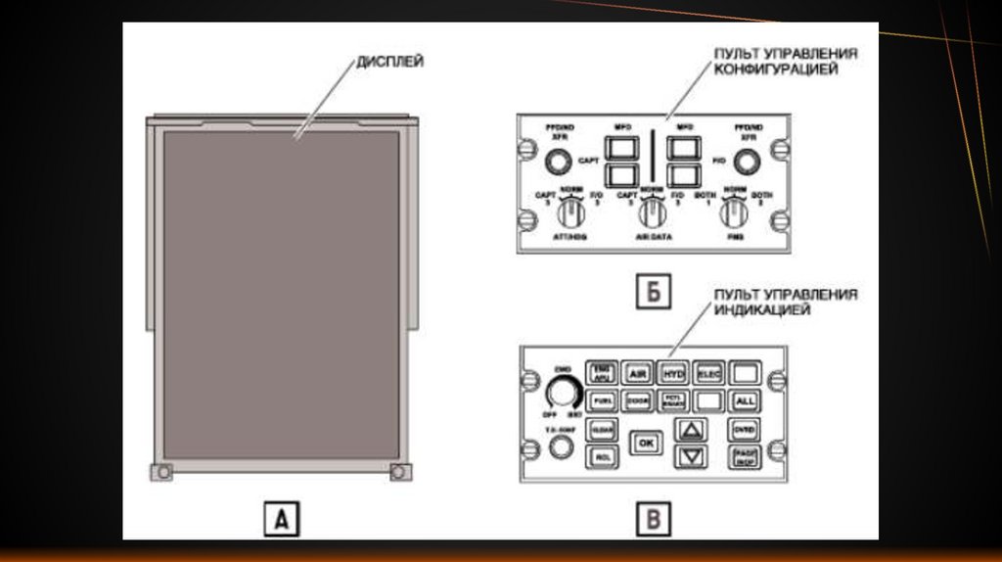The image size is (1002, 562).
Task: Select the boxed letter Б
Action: click(x=653, y=292)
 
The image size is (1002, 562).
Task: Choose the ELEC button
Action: click(x=707, y=373)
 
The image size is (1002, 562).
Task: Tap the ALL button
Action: click(x=745, y=400)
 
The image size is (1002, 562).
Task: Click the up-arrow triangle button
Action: click(x=692, y=429)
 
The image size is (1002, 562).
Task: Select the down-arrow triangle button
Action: click(x=692, y=455)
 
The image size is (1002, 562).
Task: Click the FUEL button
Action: click(x=601, y=400)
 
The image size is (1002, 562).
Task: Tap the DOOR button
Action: click(x=637, y=400)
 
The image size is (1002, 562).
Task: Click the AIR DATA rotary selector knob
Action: click(x=647, y=212)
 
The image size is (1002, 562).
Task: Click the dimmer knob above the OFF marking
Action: click(x=562, y=393)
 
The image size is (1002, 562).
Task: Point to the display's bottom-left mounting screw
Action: click(x=162, y=472)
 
